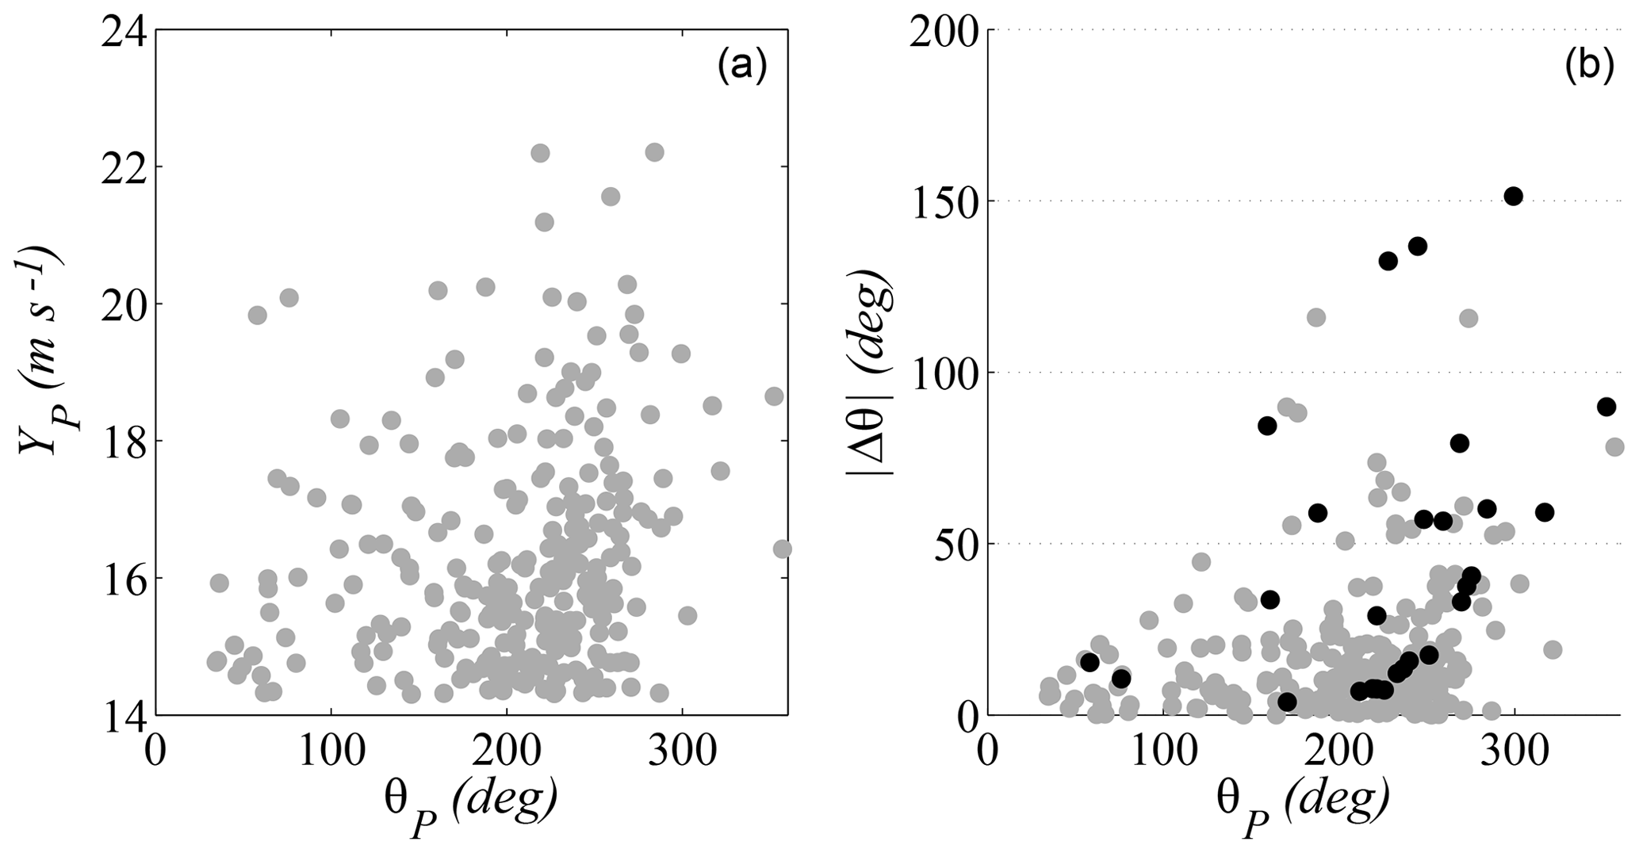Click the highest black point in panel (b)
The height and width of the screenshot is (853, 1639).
click(x=1514, y=197)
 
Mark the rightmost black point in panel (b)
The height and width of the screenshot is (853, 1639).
click(x=1606, y=407)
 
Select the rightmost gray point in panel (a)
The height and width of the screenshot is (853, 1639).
click(x=782, y=549)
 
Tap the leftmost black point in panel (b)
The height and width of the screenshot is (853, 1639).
click(x=1089, y=662)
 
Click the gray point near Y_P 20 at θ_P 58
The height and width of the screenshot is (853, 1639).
click(x=257, y=315)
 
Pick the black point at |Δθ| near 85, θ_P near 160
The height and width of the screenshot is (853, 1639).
click(x=1267, y=426)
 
